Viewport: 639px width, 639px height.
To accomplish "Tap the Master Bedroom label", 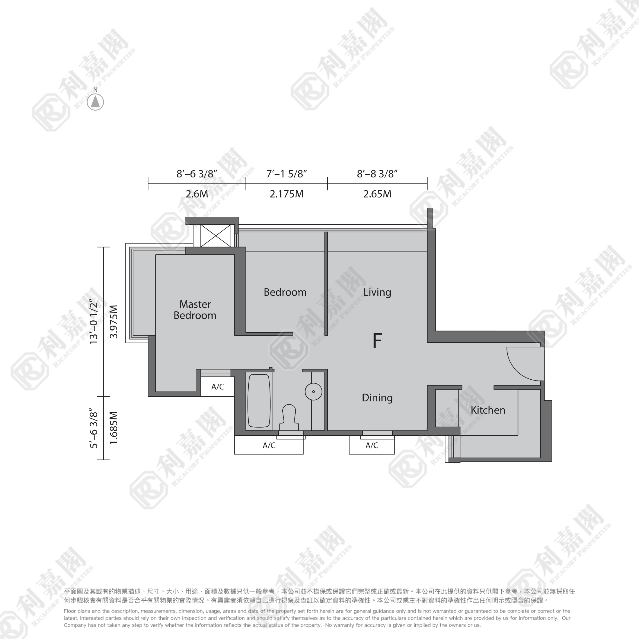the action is (195, 310).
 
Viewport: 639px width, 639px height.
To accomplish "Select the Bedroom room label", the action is (285, 292).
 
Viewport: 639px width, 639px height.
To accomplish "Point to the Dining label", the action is (377, 398).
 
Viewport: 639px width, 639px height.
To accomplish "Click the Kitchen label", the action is (488, 410).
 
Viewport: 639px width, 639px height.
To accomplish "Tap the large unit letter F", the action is (377, 341).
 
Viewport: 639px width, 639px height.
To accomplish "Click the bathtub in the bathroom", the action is (259, 401).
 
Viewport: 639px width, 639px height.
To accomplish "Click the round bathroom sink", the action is (313, 392).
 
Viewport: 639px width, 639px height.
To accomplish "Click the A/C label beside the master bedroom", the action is (218, 387).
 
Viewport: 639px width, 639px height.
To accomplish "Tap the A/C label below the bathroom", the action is (269, 446).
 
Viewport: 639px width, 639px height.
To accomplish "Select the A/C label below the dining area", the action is (372, 446).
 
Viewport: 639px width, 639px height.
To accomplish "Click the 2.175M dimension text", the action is (286, 194).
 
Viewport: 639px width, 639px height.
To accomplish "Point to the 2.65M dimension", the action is (377, 194).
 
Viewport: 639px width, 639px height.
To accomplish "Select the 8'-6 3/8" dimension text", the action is (197, 174).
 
